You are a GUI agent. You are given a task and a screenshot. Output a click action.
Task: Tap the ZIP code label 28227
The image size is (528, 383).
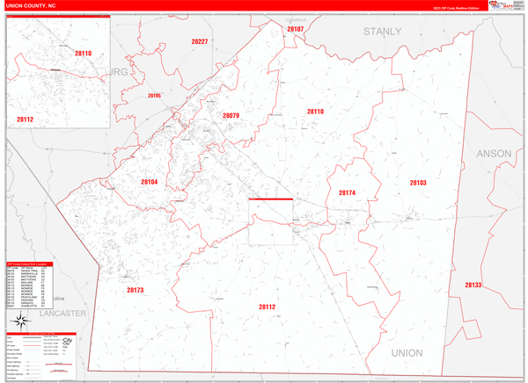click(200, 41)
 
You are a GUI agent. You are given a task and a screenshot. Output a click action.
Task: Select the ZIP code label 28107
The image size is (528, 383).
click(295, 29)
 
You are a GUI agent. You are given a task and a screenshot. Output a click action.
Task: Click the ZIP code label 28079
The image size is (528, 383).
click(231, 116)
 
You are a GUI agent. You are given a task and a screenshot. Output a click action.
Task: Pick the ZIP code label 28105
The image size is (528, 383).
click(155, 95)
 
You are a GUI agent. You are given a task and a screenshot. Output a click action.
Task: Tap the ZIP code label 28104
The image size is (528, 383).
click(149, 182)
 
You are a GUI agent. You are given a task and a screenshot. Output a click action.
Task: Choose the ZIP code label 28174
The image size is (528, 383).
click(346, 192)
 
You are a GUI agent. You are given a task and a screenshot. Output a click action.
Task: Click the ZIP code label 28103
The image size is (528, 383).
click(417, 183)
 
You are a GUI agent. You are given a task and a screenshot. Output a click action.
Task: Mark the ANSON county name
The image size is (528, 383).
click(493, 153)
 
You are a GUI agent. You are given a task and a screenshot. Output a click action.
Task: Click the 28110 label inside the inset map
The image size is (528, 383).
click(83, 54)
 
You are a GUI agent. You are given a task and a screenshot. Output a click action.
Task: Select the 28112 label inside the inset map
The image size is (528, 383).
click(24, 119)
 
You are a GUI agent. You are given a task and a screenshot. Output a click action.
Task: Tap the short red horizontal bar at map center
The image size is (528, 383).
click(270, 199)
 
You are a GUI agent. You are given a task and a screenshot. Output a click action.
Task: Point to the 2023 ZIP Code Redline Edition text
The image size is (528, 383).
click(458, 13)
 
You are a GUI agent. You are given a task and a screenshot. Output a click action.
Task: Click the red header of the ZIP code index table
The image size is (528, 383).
click(42, 264)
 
